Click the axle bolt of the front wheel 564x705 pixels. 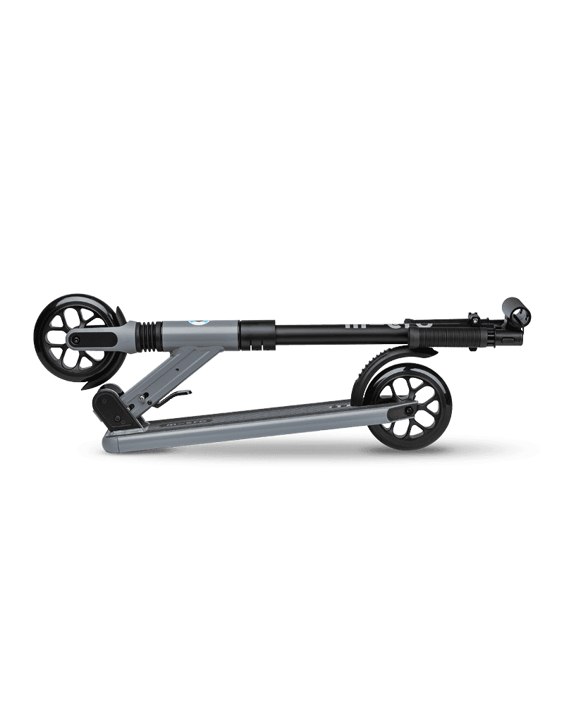pyautogui.click(x=74, y=338)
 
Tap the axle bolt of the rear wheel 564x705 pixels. pyautogui.click(x=408, y=410)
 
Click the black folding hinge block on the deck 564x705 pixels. pyautogui.click(x=111, y=407)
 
